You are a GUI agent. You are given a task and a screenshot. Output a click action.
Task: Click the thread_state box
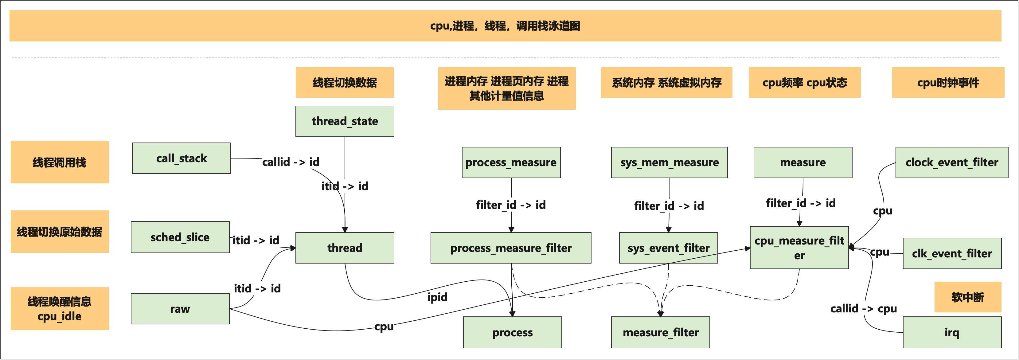[345, 121]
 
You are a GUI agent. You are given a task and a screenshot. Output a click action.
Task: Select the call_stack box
[181, 158]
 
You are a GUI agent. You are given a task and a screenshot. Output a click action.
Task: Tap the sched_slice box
[180, 237]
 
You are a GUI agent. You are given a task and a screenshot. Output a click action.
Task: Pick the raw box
[180, 309]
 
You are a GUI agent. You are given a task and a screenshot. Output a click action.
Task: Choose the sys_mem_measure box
[669, 162]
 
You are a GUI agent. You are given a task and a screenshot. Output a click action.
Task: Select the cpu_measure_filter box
[799, 248]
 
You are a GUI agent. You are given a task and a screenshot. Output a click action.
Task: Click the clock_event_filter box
[951, 162]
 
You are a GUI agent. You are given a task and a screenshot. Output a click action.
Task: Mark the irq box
[952, 332]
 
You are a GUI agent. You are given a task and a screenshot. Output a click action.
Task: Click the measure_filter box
[660, 332]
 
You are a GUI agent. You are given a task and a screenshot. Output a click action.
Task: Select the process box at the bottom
[512, 332]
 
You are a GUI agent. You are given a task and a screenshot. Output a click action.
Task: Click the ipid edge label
[437, 297]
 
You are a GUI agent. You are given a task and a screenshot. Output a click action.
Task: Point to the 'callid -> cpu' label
[863, 309]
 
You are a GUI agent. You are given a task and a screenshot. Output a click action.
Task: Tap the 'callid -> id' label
[291, 162]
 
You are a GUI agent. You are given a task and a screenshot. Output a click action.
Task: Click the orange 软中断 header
[968, 297]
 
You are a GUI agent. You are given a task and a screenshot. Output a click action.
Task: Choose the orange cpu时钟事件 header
[948, 83]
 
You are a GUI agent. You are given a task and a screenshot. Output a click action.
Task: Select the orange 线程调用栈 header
[59, 162]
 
